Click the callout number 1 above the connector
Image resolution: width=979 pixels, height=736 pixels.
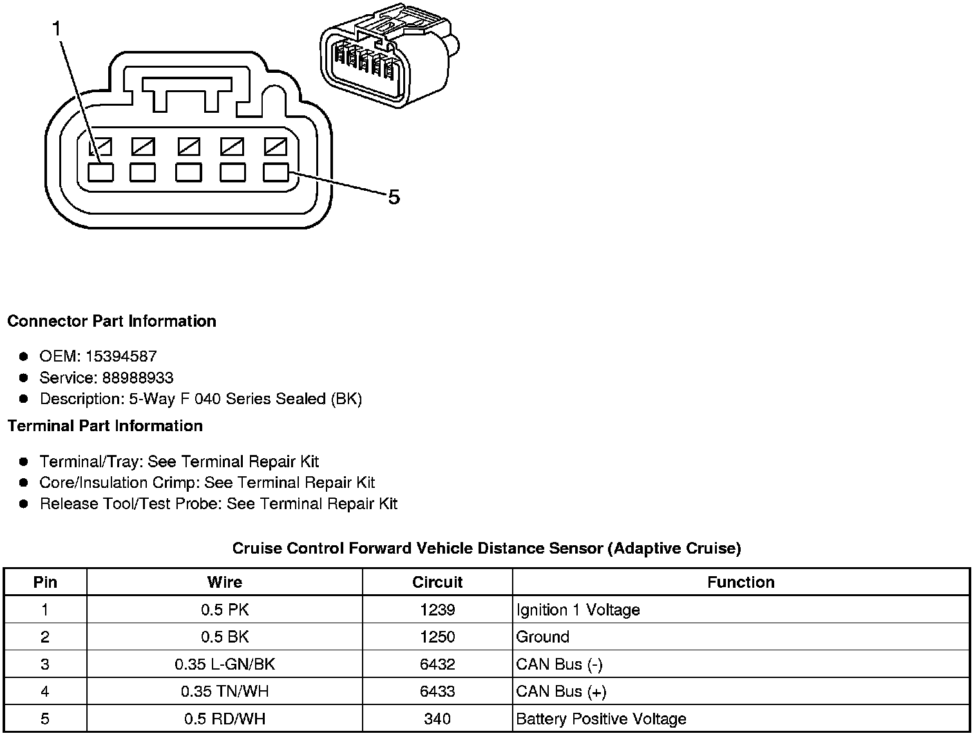click(57, 28)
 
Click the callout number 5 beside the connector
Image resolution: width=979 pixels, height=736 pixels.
click(394, 197)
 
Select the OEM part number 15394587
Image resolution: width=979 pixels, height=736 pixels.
click(122, 356)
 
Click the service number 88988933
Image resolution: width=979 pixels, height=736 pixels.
click(137, 378)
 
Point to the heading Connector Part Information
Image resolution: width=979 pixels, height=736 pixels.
click(111, 321)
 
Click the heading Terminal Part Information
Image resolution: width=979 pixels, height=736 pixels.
click(105, 426)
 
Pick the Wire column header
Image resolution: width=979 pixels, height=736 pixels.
click(224, 582)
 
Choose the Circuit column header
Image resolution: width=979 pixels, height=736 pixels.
click(437, 582)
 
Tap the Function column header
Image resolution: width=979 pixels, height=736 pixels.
click(741, 582)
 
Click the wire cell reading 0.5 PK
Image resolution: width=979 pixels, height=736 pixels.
click(224, 610)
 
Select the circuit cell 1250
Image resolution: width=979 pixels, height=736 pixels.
click(437, 637)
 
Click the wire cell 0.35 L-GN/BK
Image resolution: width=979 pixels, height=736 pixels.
click(224, 664)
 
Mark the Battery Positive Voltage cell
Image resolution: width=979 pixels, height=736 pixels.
click(601, 719)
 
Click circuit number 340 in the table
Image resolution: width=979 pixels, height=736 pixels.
click(437, 719)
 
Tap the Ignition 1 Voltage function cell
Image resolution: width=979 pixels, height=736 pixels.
click(578, 610)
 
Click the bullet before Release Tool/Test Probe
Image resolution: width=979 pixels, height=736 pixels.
click(24, 504)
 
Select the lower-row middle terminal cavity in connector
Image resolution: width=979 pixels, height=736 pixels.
click(188, 172)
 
